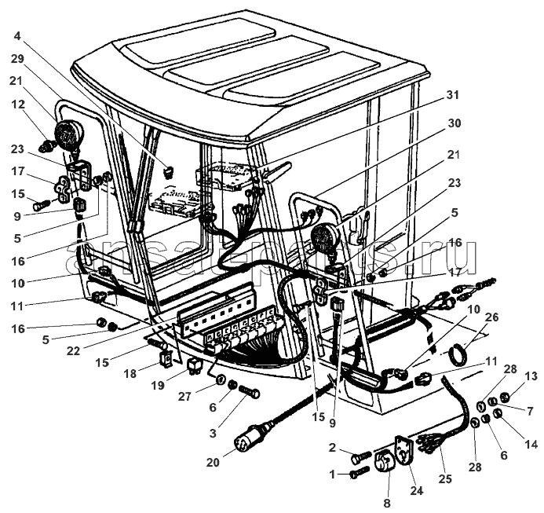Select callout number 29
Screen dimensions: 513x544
[x=17, y=60]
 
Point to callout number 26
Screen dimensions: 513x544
[x=491, y=317]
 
